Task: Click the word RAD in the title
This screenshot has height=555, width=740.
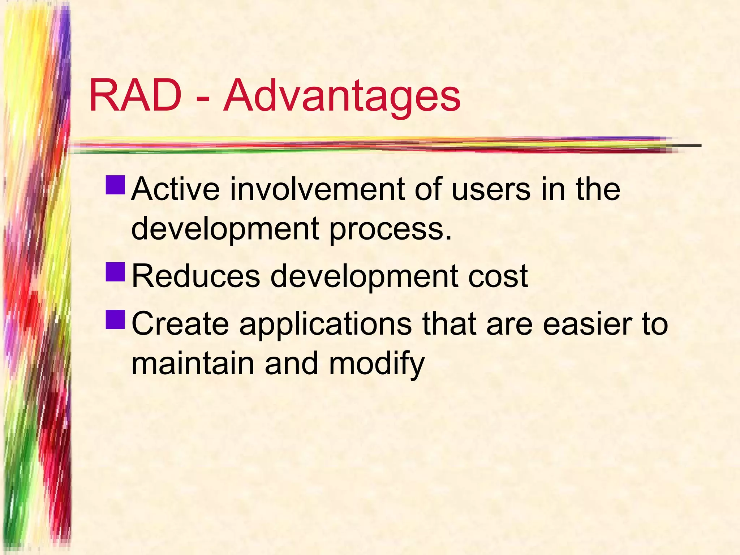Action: [135, 96]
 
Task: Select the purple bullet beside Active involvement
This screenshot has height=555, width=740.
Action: [116, 185]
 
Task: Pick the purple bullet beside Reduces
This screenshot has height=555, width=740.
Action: [116, 272]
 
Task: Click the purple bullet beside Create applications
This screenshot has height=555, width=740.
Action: [116, 319]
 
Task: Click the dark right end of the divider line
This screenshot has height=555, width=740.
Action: [688, 145]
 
